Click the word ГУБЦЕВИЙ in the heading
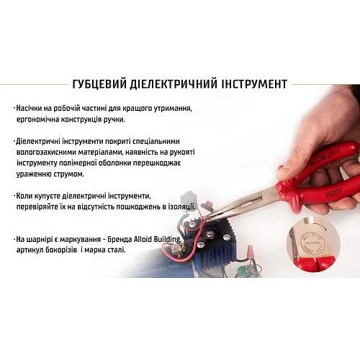tap(99, 84)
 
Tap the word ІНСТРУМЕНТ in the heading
tap(254, 84)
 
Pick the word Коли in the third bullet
tap(24, 196)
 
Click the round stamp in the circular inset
tap(310, 243)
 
